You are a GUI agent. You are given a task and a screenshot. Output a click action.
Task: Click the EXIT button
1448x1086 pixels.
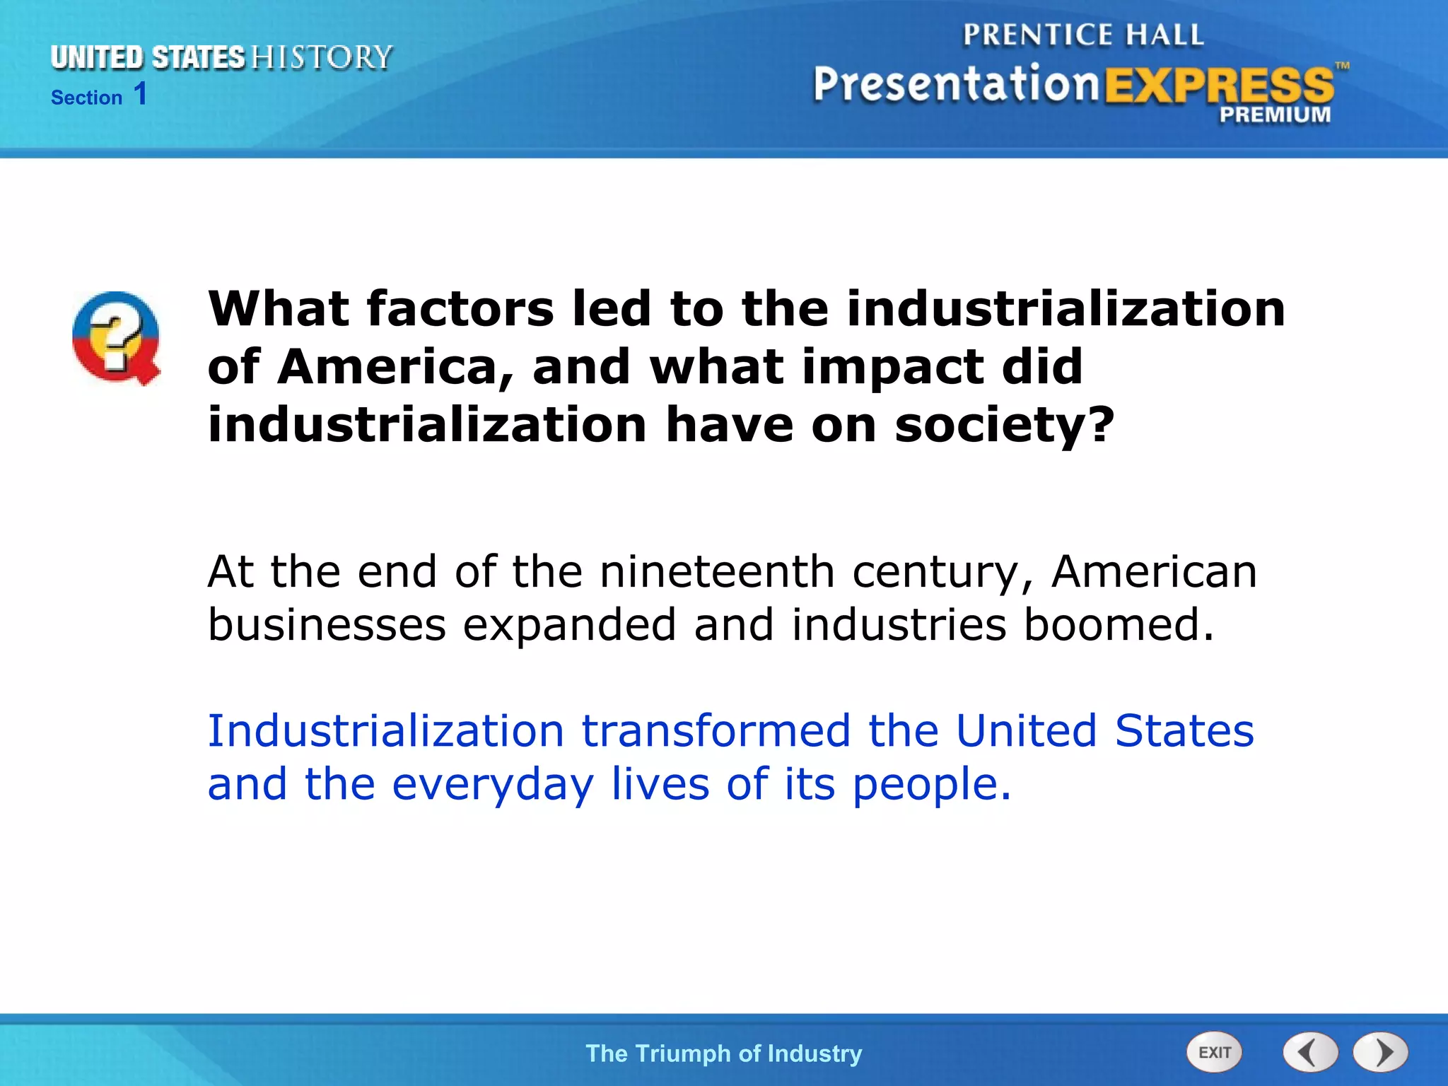click(x=1214, y=1052)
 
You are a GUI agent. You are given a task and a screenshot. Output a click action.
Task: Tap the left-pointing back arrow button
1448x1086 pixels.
click(x=1310, y=1052)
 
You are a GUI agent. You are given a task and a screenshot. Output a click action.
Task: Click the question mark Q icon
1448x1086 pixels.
click(x=117, y=338)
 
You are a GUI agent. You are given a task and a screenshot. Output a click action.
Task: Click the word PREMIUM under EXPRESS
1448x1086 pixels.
click(x=1274, y=115)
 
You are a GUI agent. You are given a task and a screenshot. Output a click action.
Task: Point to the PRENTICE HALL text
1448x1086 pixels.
click(x=1083, y=35)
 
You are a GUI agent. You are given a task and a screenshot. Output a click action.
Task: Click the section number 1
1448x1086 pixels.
click(x=141, y=94)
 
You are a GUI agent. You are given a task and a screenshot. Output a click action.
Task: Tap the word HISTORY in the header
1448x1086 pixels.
click(x=322, y=57)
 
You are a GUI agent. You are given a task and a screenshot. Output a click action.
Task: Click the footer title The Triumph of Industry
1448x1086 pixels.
click(x=723, y=1053)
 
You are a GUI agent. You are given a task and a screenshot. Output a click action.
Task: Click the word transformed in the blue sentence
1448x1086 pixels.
click(x=716, y=730)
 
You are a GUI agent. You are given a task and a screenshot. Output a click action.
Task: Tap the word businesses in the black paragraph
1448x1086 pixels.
click(x=327, y=625)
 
